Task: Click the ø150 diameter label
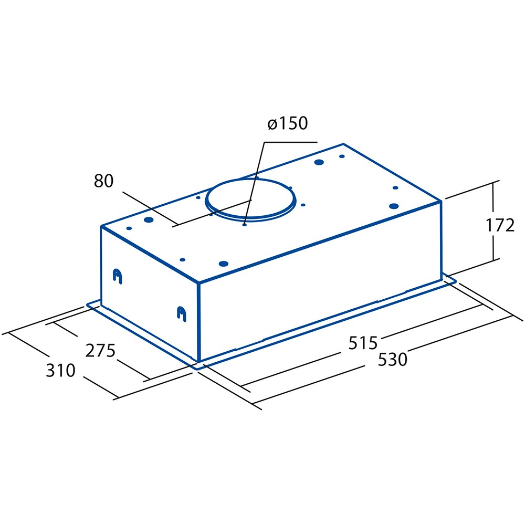click(287, 124)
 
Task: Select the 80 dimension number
click(103, 181)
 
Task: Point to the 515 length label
click(363, 342)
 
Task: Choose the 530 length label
click(392, 360)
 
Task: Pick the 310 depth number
click(61, 371)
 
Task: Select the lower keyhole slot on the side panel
click(181, 313)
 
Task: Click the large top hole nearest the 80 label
click(149, 219)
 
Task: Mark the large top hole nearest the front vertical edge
click(223, 263)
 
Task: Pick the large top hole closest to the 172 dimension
click(393, 206)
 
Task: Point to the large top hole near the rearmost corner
click(318, 162)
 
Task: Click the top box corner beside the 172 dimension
click(440, 200)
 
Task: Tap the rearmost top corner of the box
click(343, 144)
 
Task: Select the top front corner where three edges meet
click(199, 284)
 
